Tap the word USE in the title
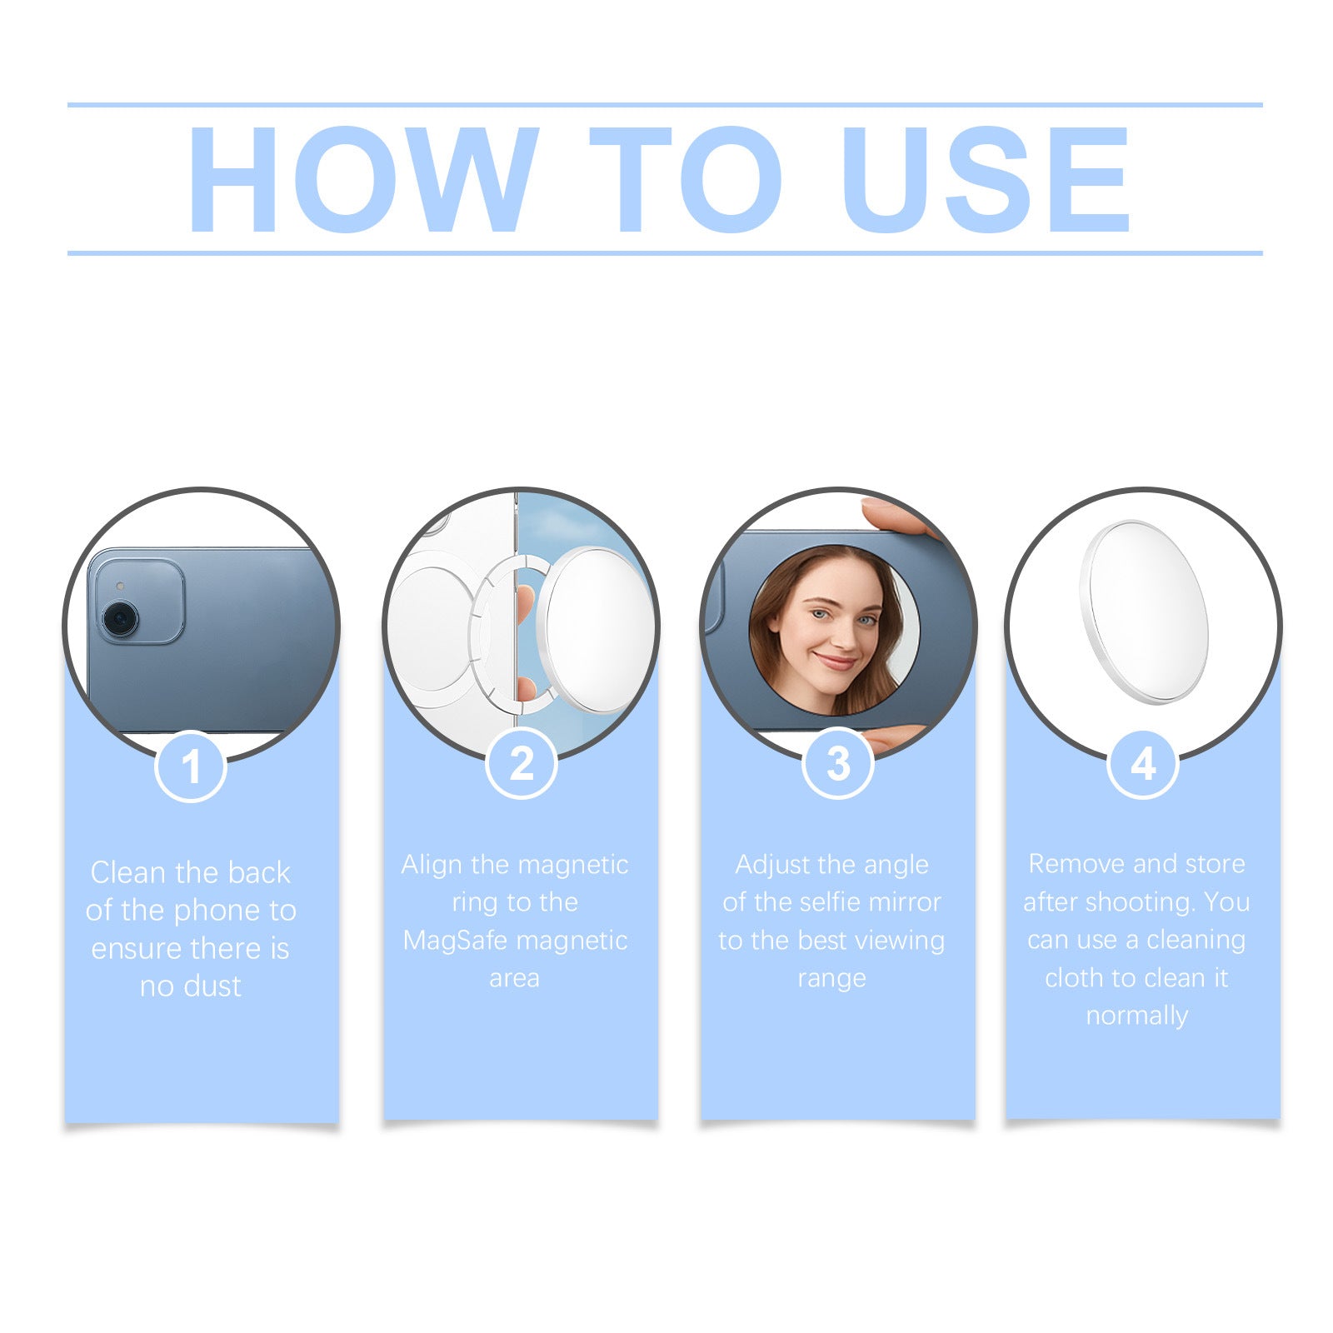(x=986, y=179)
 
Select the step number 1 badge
(x=191, y=766)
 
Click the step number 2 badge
(x=522, y=763)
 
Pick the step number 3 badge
(x=838, y=763)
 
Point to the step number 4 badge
(x=1143, y=763)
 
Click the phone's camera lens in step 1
(x=120, y=619)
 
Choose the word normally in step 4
(x=1136, y=1016)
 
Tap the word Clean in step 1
(x=128, y=873)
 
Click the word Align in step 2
(x=432, y=865)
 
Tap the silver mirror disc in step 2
(x=597, y=630)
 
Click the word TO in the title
(x=685, y=179)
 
